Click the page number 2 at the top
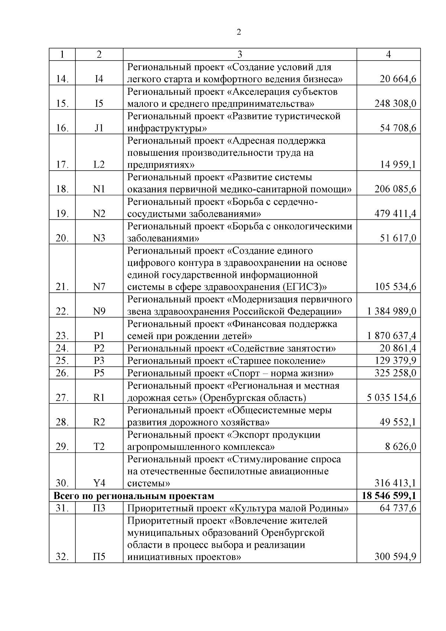[x=239, y=32]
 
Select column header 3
[x=240, y=54]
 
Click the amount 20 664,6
[x=398, y=79]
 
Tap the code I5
[x=99, y=103]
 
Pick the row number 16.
[x=62, y=128]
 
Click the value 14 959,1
[x=398, y=164]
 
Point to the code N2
[x=99, y=213]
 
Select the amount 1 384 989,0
[x=392, y=311]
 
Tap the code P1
[x=99, y=336]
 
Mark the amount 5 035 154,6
[x=392, y=397]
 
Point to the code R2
[x=99, y=422]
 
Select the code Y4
[x=99, y=483]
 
